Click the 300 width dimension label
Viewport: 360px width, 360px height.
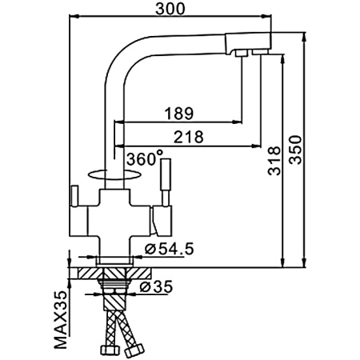170,9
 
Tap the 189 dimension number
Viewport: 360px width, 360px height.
178,114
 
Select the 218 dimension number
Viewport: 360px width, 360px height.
189,137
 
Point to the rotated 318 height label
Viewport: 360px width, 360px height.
274,161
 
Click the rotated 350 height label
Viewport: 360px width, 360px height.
295,150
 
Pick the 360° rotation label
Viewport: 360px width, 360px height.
145,158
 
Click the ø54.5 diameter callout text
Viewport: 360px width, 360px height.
170,249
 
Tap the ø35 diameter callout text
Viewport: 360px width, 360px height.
157,287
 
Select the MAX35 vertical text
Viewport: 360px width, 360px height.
61,320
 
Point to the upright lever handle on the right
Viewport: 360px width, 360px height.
166,182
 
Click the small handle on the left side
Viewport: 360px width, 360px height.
74,196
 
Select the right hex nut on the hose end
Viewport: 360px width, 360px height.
134,350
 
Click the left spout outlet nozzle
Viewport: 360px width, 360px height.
242,53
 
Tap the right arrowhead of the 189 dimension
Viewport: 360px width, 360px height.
237,122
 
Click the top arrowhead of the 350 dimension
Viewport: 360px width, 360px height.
304,38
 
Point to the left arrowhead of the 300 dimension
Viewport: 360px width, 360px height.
74,17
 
